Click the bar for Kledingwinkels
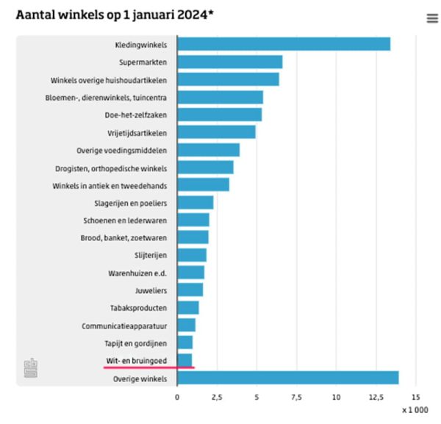tap(283, 44)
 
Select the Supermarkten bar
tap(229, 62)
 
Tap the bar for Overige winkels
tap(287, 378)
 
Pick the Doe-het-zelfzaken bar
tap(219, 115)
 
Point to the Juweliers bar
tap(190, 290)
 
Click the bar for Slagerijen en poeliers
tap(195, 202)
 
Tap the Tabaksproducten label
tap(140, 308)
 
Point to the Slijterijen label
tap(150, 255)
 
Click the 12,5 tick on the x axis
tap(376, 397)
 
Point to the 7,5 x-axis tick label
tap(296, 397)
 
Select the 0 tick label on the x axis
tap(177, 397)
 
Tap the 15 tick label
tap(416, 397)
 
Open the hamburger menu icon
tap(432, 18)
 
